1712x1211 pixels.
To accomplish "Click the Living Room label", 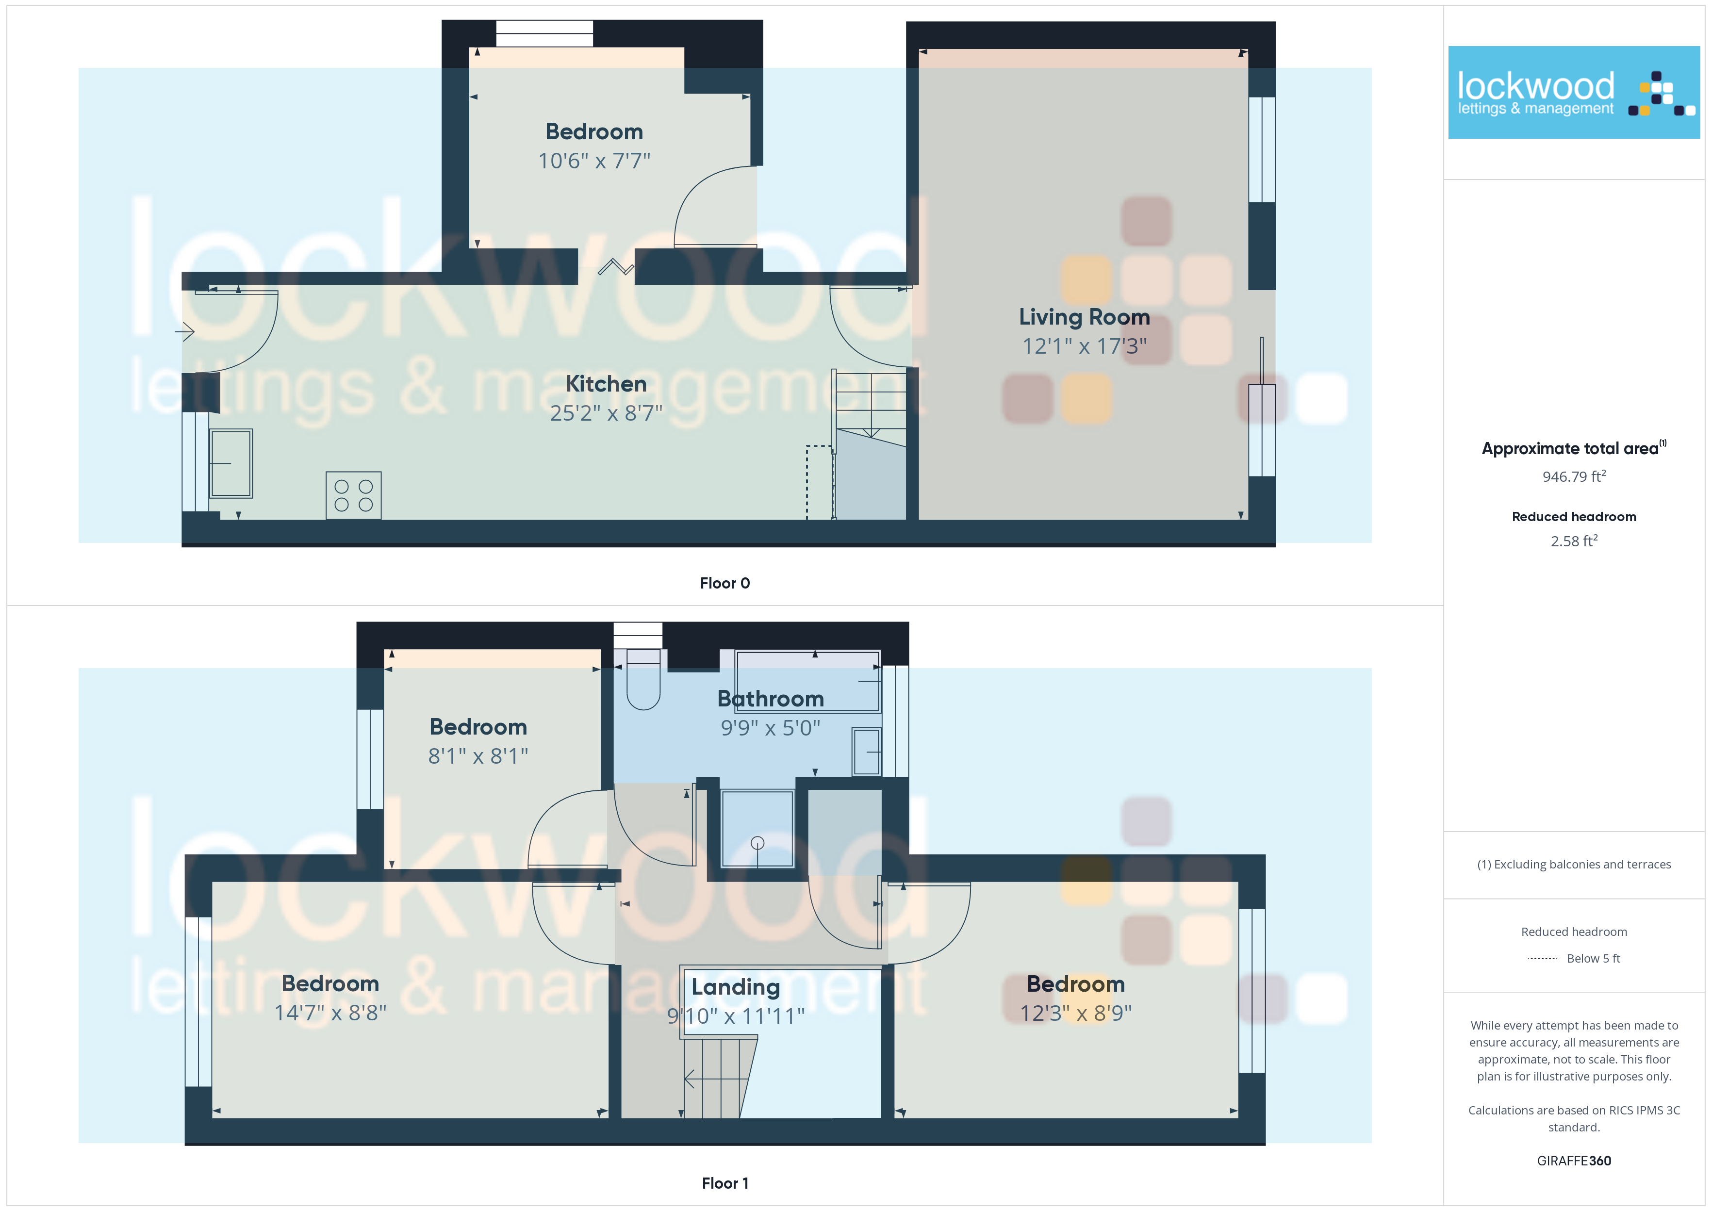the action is [1084, 317].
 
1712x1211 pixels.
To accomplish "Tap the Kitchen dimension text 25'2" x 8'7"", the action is [606, 412].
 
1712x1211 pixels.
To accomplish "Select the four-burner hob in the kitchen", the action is [353, 495].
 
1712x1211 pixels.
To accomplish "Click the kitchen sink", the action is [231, 463].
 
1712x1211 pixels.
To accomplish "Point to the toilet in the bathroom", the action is [643, 679].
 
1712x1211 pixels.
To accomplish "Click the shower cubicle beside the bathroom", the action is [757, 829].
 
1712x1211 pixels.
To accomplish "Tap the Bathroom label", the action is [770, 699].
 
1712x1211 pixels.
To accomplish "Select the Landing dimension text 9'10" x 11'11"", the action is [736, 1015].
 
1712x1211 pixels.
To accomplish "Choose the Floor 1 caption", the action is [725, 1183].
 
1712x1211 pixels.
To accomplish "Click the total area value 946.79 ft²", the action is [1574, 476].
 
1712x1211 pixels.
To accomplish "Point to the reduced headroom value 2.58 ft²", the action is [1574, 540].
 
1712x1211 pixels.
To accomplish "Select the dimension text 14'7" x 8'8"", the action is [330, 1013].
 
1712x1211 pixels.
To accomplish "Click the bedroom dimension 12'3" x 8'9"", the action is [1076, 1013].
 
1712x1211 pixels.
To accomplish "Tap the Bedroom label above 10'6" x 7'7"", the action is [594, 131].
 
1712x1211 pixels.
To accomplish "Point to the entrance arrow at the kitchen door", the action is [184, 331].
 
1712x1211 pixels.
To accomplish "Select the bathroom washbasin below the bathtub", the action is [867, 751].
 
